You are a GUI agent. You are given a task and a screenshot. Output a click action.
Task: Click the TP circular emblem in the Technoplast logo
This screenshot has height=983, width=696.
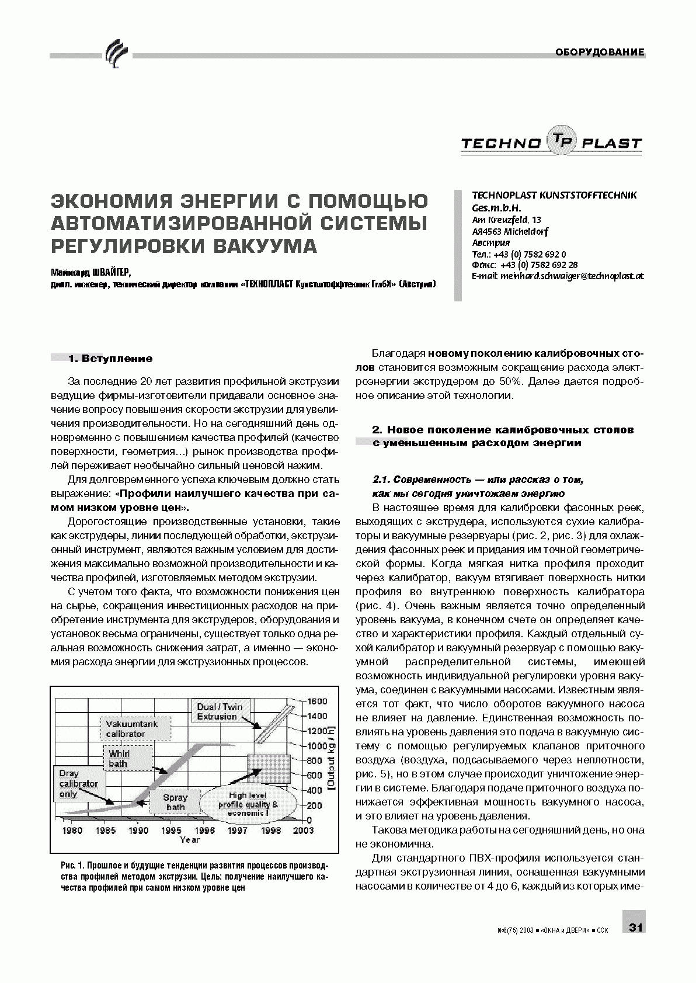561,141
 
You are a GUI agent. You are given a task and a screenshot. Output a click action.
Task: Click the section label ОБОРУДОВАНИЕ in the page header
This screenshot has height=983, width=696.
600,53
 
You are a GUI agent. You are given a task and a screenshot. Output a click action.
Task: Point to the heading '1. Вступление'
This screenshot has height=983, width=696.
110,359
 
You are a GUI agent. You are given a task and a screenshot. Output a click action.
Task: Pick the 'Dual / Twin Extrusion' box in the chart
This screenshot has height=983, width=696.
220,712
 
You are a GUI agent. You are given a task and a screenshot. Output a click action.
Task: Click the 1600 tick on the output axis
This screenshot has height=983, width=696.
318,701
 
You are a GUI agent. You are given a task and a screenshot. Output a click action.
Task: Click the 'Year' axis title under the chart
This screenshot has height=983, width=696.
190,840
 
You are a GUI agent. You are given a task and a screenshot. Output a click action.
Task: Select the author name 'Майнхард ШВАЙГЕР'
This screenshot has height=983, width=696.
91,272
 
